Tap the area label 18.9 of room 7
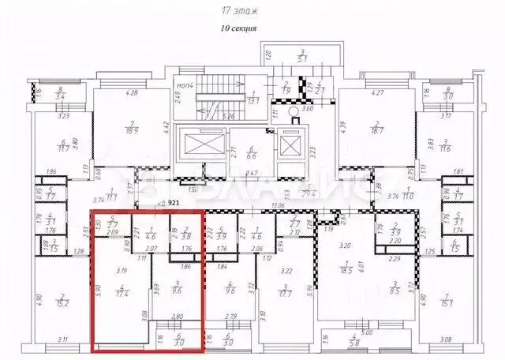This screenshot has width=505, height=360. [x=133, y=130]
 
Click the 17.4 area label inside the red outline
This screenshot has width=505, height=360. [x=121, y=293]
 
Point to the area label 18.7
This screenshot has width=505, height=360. [x=377, y=130]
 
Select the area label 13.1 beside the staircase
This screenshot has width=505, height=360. [x=255, y=99]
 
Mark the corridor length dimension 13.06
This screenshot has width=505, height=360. [x=279, y=207]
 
